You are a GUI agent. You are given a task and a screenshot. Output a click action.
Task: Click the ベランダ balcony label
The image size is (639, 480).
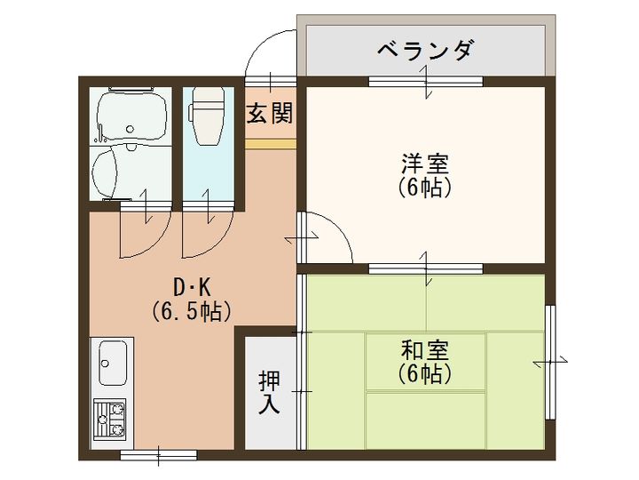pyautogui.click(x=424, y=50)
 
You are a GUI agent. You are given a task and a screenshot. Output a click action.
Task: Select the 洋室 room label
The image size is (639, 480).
pyautogui.click(x=425, y=164)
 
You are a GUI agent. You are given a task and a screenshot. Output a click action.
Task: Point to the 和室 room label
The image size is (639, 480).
pyautogui.click(x=425, y=349)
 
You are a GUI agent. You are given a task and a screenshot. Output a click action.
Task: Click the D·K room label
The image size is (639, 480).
pyautogui.click(x=191, y=287)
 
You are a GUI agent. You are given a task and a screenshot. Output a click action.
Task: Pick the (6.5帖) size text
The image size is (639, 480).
pyautogui.click(x=191, y=311)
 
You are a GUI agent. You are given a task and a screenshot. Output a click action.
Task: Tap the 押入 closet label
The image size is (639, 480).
pyautogui.click(x=270, y=391)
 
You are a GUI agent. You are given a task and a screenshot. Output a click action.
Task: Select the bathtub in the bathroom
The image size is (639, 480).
pyautogui.click(x=130, y=115)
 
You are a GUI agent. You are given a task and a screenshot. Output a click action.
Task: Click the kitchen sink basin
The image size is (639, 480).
pyautogui.click(x=113, y=364)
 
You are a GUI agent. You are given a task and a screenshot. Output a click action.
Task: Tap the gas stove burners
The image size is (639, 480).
pyautogui.click(x=110, y=418)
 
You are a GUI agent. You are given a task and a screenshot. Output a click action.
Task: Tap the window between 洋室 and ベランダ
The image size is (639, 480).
pyautogui.click(x=425, y=82)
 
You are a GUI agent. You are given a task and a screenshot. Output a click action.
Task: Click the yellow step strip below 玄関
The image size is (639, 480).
pyautogui.click(x=270, y=143)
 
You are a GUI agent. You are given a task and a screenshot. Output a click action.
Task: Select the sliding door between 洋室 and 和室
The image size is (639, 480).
pyautogui.click(x=425, y=267)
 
